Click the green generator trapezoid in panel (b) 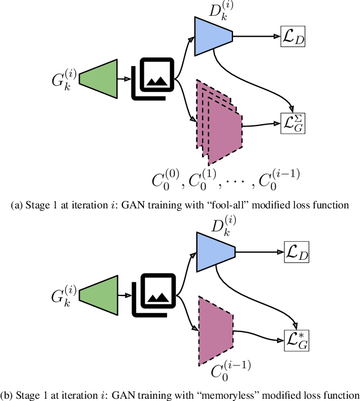[x=97, y=293]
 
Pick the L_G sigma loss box [x=292, y=121]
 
